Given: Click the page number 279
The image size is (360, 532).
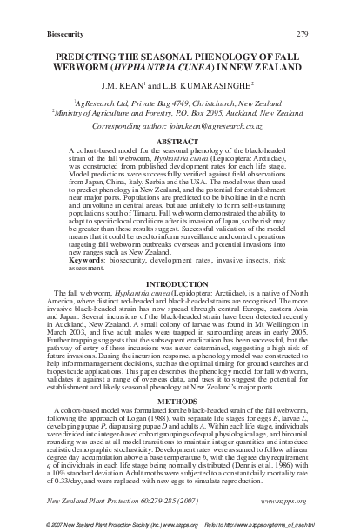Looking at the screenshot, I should coord(327,10).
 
